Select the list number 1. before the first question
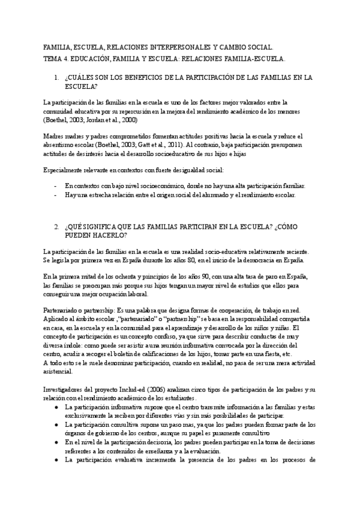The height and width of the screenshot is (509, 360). [x=73, y=77]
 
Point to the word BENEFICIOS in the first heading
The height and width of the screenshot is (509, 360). [x=156, y=77]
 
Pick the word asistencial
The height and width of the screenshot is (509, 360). [x=62, y=372]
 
